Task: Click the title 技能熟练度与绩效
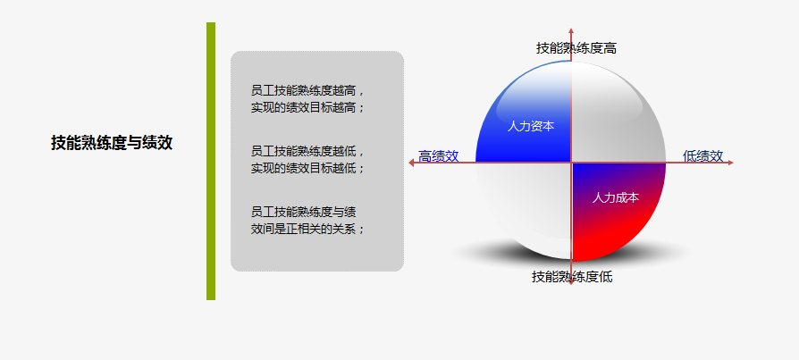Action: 112,143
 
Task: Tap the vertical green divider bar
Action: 211,161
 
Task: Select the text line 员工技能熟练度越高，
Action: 308,91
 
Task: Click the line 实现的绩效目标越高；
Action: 308,108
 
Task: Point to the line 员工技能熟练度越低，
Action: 308,151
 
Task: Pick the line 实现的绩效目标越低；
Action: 308,168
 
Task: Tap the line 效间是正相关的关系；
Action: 308,229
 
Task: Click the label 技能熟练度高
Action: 576,48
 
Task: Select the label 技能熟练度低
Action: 572,277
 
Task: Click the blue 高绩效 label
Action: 438,156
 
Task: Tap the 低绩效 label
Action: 702,156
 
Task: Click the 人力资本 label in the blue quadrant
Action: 531,126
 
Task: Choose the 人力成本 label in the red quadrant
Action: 616,197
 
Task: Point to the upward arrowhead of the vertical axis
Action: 571,30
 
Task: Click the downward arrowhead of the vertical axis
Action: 571,281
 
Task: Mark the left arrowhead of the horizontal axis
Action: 411,163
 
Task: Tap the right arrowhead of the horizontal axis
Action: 730,163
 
